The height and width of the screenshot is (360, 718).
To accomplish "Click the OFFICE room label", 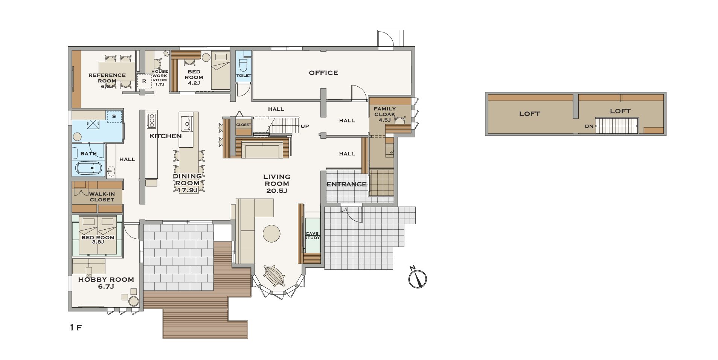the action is point(323,73).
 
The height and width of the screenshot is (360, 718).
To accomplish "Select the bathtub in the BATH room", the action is point(89,168).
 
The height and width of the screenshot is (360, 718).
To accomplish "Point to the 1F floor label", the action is point(76,327).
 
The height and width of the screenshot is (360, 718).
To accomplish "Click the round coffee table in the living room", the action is point(271,233).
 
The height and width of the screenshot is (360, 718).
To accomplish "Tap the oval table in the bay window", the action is point(275,276).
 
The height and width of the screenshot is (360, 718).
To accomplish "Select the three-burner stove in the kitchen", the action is point(152,120).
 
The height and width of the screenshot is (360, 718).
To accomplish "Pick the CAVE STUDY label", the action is point(312,236).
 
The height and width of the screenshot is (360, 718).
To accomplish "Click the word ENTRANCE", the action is point(346,184).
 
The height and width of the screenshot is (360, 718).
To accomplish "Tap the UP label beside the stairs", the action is point(305,126).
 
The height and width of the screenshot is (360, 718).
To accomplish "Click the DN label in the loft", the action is point(589,127).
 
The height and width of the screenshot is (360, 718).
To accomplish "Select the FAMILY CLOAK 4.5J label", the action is point(385,114).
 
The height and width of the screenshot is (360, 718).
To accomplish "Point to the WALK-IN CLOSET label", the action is point(102,197).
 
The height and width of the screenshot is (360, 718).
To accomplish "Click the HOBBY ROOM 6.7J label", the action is point(106,283).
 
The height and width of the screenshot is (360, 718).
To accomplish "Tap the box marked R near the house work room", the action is point(144,81).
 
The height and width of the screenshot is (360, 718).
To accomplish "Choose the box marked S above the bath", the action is point(114,116).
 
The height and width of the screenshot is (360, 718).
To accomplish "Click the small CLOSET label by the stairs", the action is point(244,125).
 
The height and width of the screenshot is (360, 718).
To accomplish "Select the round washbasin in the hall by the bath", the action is point(111,172).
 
